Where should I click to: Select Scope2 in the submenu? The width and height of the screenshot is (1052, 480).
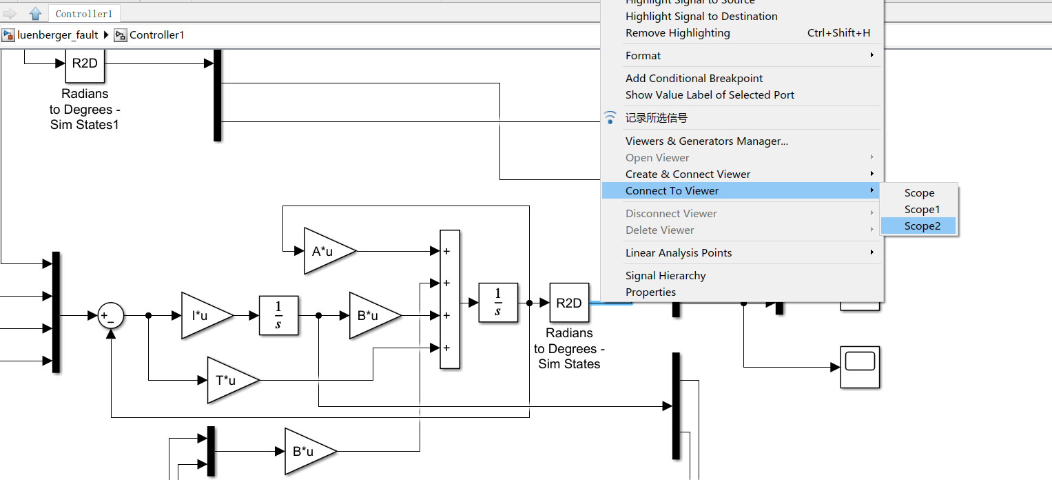(x=922, y=226)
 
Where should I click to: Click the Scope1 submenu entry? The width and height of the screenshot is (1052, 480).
(x=922, y=210)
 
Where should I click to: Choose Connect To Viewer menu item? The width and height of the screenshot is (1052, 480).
(x=672, y=191)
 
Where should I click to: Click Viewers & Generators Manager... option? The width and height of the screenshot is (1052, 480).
(x=706, y=141)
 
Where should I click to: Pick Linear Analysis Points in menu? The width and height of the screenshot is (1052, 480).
(x=679, y=253)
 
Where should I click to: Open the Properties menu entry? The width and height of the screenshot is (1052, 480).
(x=650, y=292)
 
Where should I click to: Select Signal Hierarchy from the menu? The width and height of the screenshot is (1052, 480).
(x=666, y=276)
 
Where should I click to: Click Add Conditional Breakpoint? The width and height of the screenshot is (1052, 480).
(x=694, y=79)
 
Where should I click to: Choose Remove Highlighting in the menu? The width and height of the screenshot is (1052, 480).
(x=677, y=33)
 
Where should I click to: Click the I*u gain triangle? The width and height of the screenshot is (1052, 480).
(x=203, y=316)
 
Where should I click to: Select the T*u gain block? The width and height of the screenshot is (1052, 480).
(x=229, y=380)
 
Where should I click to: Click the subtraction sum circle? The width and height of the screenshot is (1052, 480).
(x=110, y=316)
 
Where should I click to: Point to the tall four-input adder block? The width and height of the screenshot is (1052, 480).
(x=449, y=299)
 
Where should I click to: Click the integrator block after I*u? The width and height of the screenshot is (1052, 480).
(x=278, y=316)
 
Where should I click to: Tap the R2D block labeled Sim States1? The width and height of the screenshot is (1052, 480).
(x=85, y=63)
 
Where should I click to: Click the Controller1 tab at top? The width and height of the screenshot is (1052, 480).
(x=84, y=14)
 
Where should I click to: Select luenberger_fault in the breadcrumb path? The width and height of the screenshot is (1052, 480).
(x=57, y=35)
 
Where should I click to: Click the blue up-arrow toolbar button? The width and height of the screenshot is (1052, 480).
(x=36, y=13)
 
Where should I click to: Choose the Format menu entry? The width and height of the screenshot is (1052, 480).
(x=643, y=56)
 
